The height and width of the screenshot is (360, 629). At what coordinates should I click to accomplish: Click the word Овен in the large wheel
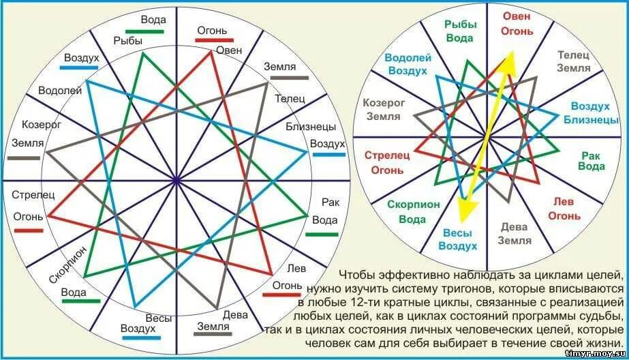230,50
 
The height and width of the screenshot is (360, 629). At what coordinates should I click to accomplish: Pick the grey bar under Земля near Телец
286,78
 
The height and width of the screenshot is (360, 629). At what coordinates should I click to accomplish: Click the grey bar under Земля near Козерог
24,157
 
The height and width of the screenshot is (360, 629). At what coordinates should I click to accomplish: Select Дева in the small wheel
515,227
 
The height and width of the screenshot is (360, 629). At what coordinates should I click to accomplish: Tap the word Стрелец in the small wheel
385,155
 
